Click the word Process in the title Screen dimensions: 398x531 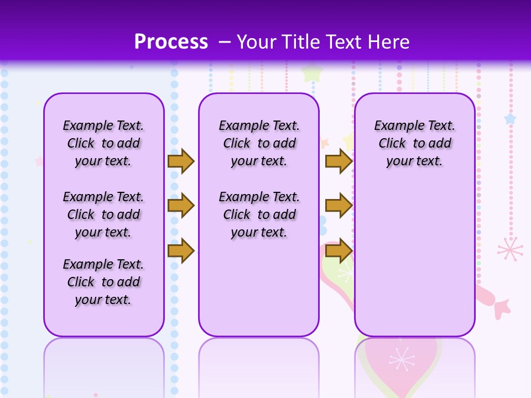point(171,42)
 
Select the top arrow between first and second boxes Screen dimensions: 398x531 point(181,161)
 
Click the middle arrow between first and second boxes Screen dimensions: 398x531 point(181,206)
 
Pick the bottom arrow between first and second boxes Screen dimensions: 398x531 point(181,251)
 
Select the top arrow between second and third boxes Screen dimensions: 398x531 point(339,161)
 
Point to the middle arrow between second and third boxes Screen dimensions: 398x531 point(339,206)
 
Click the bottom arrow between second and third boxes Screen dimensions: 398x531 point(339,251)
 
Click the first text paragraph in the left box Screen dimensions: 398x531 point(103,143)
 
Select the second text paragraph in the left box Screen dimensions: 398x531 point(103,214)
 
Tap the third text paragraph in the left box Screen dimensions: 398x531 point(103,282)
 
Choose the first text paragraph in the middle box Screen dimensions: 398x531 point(259,143)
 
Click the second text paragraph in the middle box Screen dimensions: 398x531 point(259,214)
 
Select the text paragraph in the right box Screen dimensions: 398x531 point(415,143)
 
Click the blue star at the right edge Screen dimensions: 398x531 point(509,119)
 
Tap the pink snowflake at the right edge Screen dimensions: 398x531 point(509,249)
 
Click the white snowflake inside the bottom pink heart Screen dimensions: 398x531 point(402,359)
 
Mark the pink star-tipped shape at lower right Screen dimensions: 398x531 point(501,307)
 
